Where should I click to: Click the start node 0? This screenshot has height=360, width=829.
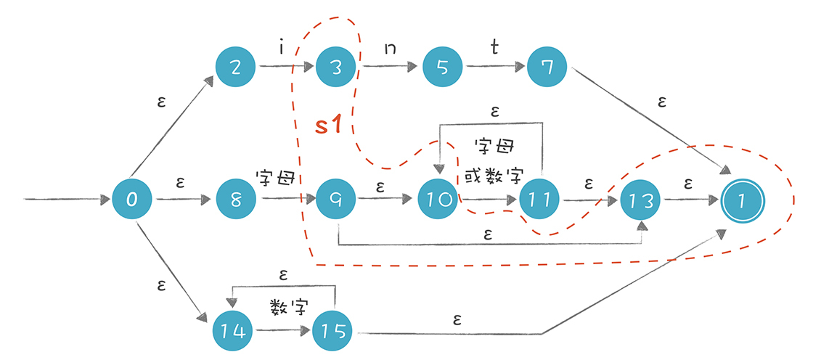click(132, 198)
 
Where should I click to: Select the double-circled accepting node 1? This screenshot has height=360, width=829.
click(741, 198)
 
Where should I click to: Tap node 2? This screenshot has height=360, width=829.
click(236, 68)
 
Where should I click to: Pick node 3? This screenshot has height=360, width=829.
click(337, 68)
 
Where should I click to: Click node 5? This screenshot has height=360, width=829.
click(441, 68)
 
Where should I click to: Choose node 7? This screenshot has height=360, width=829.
click(548, 68)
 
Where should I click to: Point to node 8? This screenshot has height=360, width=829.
click(236, 198)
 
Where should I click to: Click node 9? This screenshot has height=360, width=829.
click(337, 198)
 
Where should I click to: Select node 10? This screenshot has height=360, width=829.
click(438, 198)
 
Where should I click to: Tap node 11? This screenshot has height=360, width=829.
click(539, 198)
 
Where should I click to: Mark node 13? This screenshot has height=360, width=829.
click(640, 198)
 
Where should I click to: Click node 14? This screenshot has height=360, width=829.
click(232, 332)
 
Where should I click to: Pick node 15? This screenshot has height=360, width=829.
click(332, 332)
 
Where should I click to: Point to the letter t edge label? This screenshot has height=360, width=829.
click(494, 48)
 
